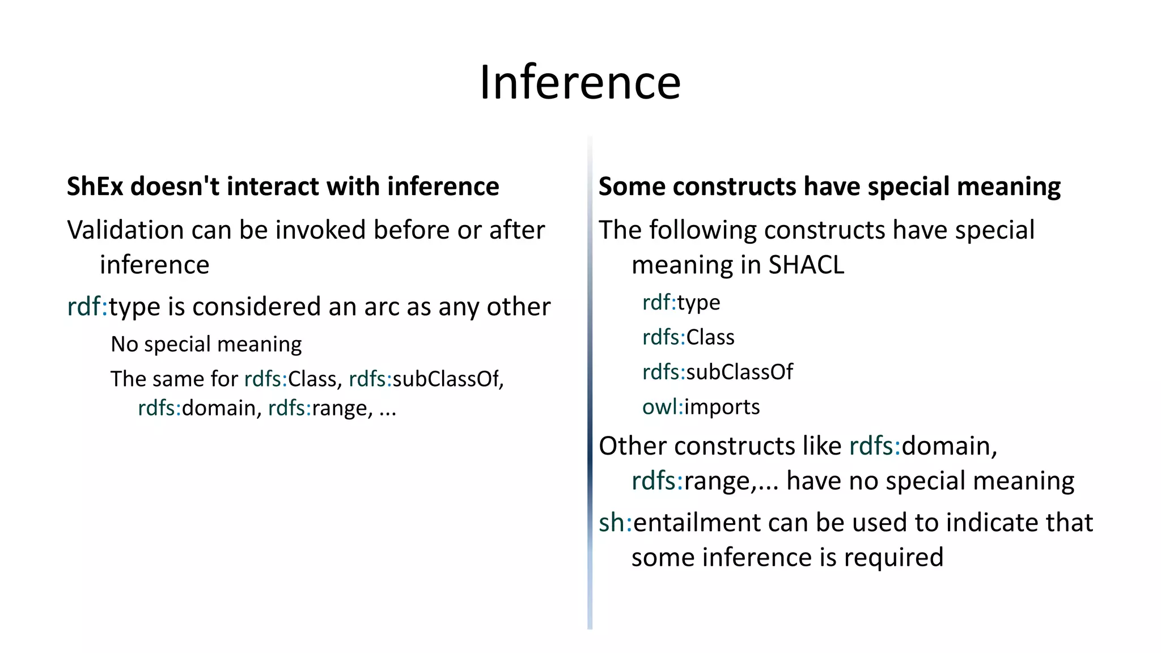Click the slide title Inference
coord(580,83)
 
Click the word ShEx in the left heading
coord(95,186)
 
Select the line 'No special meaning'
coord(206,344)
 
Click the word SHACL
coord(806,265)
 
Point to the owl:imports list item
coord(701,407)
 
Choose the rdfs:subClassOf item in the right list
coord(717,372)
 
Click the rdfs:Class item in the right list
coord(688,337)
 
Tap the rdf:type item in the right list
coord(681,303)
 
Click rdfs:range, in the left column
coord(320,408)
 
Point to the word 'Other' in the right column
coord(632,446)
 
